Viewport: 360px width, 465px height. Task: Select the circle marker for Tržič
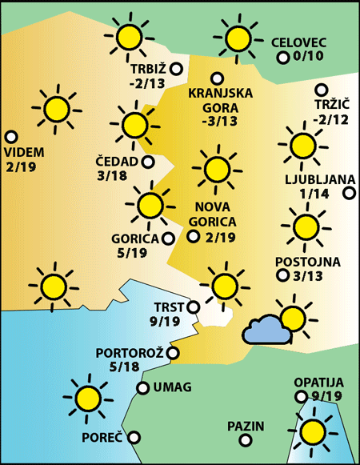click(322, 90)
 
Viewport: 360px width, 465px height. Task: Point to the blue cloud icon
click(267, 330)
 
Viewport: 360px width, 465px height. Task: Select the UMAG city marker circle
click(142, 388)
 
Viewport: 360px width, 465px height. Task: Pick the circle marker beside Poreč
click(134, 437)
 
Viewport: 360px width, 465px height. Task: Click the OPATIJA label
click(318, 382)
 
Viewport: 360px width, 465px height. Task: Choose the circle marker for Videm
click(11, 137)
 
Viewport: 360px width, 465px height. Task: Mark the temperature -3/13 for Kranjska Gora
click(220, 122)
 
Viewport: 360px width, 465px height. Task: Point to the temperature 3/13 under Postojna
click(309, 276)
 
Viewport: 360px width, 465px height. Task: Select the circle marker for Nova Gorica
click(193, 236)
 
